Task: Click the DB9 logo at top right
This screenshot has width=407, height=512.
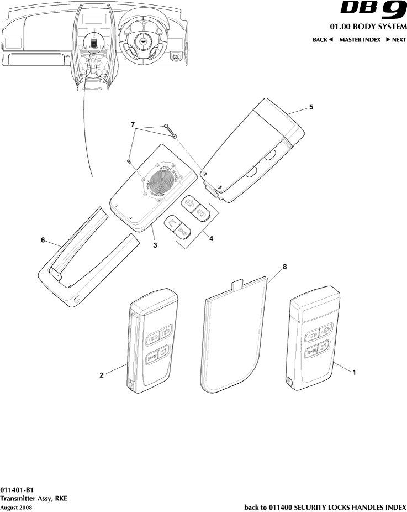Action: click(373, 12)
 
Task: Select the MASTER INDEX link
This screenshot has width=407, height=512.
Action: click(360, 40)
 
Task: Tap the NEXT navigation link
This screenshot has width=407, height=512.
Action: click(396, 40)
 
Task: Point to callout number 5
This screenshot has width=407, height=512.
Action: click(311, 107)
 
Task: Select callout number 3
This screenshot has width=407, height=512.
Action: click(156, 244)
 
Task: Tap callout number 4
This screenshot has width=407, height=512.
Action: click(210, 238)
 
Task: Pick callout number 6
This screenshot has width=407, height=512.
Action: click(43, 241)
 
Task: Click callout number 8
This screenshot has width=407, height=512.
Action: click(285, 267)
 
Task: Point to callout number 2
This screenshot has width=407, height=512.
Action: click(102, 375)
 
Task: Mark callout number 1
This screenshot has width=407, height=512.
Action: click(354, 373)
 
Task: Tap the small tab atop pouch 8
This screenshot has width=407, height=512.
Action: click(237, 285)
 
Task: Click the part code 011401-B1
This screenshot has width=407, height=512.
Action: click(17, 490)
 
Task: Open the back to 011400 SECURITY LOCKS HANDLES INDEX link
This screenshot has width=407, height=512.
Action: click(325, 507)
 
